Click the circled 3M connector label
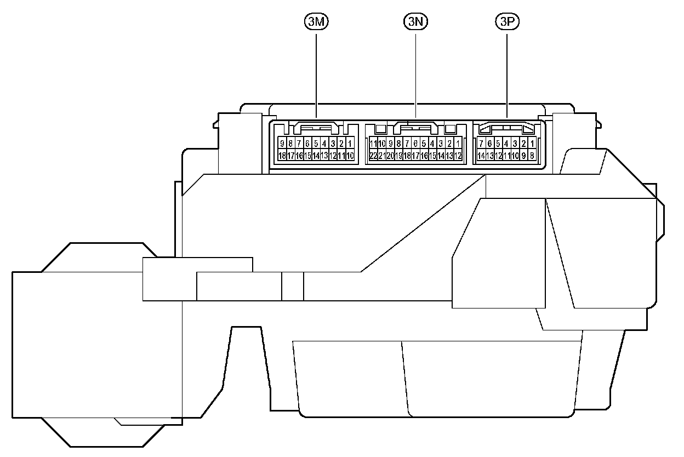coord(316,22)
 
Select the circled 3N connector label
coord(415,22)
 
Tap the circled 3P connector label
coord(506,22)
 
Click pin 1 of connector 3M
coord(350,144)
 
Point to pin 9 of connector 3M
coord(282,144)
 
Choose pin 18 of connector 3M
coord(282,156)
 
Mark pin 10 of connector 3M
coord(350,156)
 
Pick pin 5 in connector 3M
coord(316,144)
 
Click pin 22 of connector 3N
coord(373,156)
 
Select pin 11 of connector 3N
coord(373,144)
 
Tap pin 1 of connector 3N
coord(458,144)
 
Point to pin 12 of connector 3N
coord(458,156)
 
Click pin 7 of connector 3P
coord(481,144)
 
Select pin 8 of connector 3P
coord(532,156)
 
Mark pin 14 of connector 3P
coord(481,156)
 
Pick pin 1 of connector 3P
coord(532,144)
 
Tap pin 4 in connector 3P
coord(506,144)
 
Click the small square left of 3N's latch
coord(380,129)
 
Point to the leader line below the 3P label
coord(506,71)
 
